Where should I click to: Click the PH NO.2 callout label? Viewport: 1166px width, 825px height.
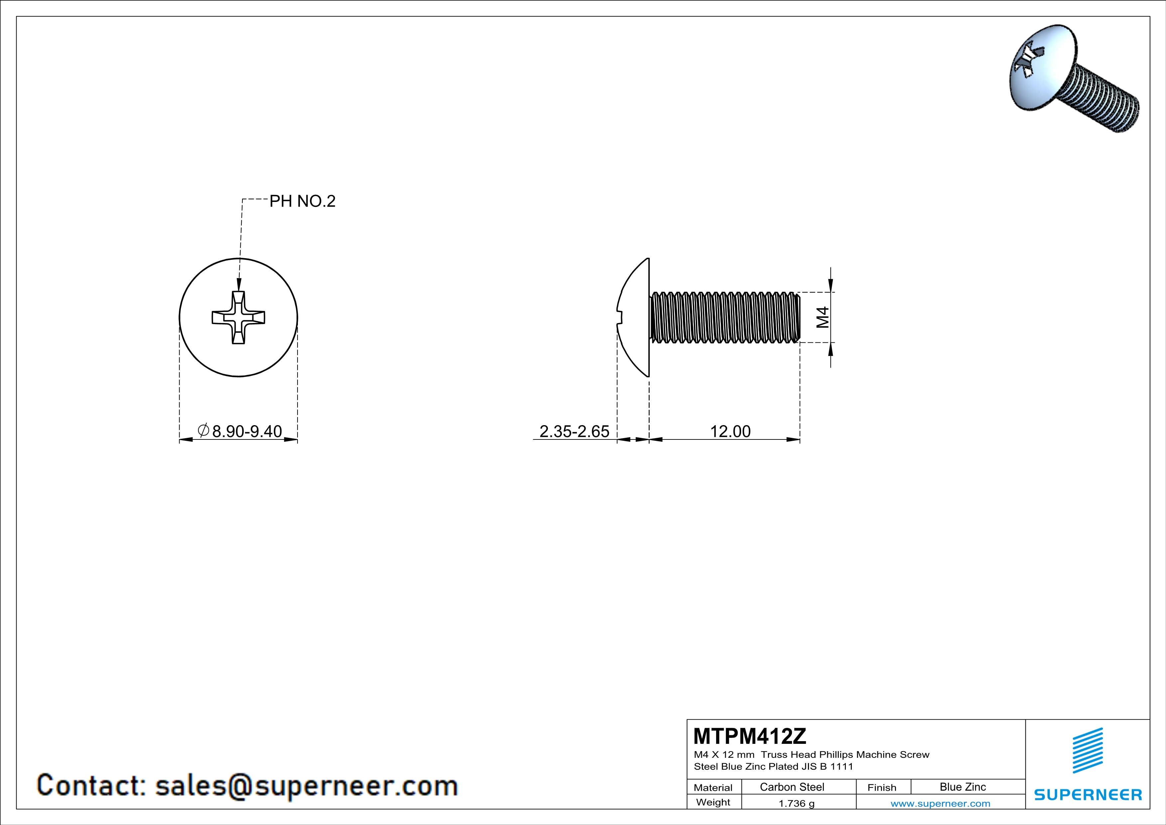[x=302, y=201]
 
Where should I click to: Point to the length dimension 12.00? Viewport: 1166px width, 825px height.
[x=730, y=431]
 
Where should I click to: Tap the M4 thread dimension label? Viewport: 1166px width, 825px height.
[x=823, y=317]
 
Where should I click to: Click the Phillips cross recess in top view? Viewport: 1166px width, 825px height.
[x=238, y=317]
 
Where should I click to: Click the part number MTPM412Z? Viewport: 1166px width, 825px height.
[x=749, y=736]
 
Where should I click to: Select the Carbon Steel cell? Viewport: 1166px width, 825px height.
[x=792, y=787]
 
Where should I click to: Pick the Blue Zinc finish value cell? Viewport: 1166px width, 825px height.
[x=962, y=787]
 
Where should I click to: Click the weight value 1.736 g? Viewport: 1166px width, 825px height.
[x=796, y=803]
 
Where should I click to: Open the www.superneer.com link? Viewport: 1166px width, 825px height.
[x=940, y=803]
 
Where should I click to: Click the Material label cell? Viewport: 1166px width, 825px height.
[x=713, y=787]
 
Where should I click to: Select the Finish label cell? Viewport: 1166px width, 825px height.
[x=882, y=787]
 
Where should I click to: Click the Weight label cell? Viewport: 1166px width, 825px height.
[x=713, y=802]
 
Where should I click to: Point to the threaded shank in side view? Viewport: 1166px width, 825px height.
[x=725, y=317]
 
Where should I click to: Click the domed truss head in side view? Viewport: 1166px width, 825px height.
[x=635, y=317]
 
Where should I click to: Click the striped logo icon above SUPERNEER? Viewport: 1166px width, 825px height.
[x=1087, y=750]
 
